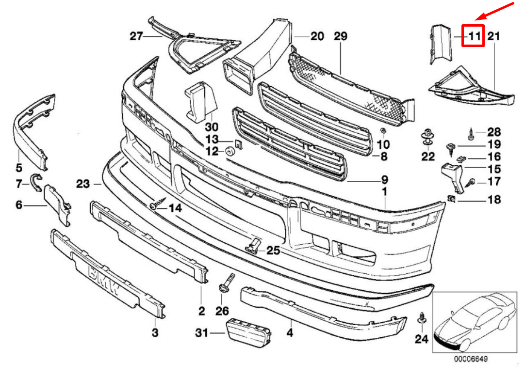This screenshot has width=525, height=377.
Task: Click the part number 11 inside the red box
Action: pyautogui.click(x=473, y=35)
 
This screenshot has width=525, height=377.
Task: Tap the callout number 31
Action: pyautogui.click(x=202, y=332)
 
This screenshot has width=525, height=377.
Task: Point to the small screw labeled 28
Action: pyautogui.click(x=471, y=131)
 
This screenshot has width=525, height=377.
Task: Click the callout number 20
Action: pyautogui.click(x=317, y=36)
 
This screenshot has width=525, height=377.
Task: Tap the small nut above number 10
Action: pyautogui.click(x=383, y=131)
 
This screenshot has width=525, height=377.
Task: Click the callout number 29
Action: pyautogui.click(x=341, y=36)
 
